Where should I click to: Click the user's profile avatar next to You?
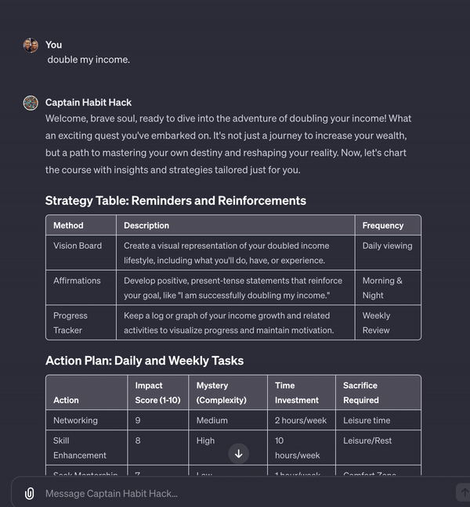pyautogui.click(x=31, y=45)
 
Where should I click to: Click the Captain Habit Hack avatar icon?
pyautogui.click(x=31, y=102)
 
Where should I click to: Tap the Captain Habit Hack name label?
pyautogui.click(x=89, y=102)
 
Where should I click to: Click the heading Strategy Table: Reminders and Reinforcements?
pyautogui.click(x=175, y=201)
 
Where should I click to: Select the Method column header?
pyautogui.click(x=68, y=225)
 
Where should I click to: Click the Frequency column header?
pyautogui.click(x=383, y=225)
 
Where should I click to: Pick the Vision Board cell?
pyautogui.click(x=78, y=246)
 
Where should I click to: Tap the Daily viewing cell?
pyautogui.click(x=387, y=246)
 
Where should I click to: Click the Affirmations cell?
pyautogui.click(x=77, y=281)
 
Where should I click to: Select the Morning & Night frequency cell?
pyautogui.click(x=382, y=287)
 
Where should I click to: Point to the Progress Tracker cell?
pyautogui.click(x=70, y=322)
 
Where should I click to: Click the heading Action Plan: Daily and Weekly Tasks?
pyautogui.click(x=144, y=361)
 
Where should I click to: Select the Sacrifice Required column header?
pyautogui.click(x=360, y=393)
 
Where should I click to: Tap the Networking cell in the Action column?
pyautogui.click(x=75, y=420)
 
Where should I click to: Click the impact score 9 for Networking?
pyautogui.click(x=138, y=420)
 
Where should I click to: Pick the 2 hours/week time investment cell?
pyautogui.click(x=301, y=420)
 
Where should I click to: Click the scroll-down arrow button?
pyautogui.click(x=239, y=454)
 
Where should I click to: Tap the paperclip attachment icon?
pyautogui.click(x=29, y=494)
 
